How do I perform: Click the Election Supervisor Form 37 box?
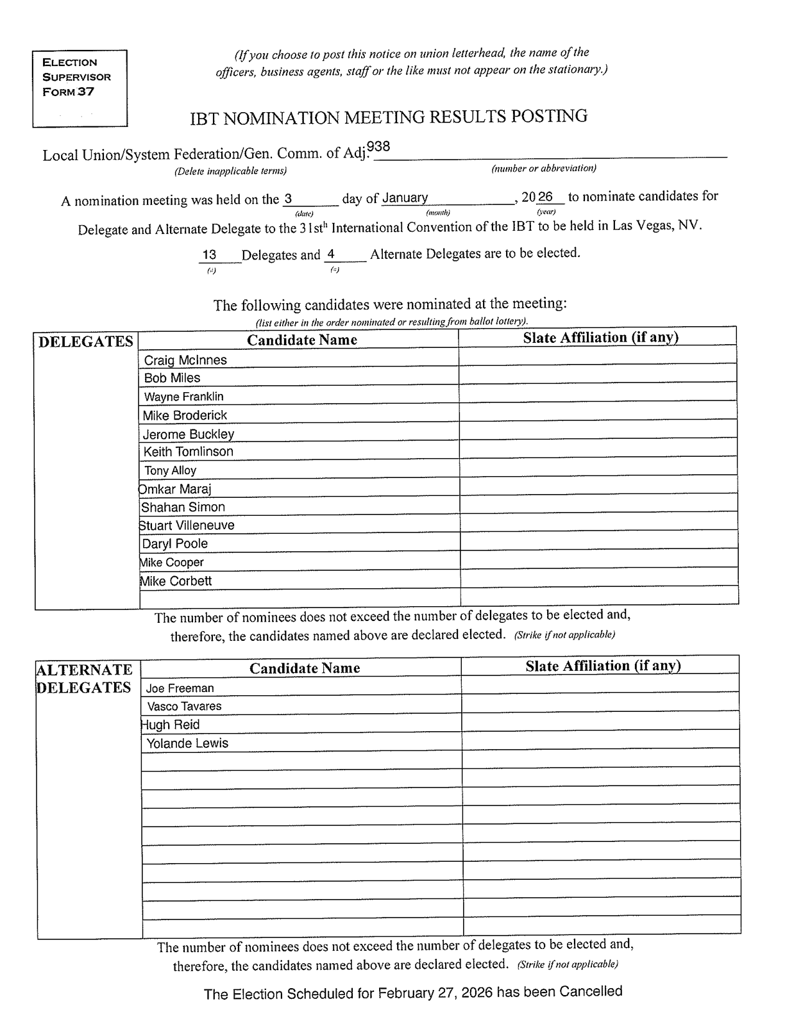click(80, 88)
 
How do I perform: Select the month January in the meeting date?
click(405, 198)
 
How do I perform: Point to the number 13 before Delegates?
click(209, 255)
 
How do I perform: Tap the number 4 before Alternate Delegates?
click(331, 254)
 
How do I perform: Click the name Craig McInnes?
click(185, 360)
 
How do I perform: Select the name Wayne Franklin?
click(183, 397)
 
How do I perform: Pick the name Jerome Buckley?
click(189, 434)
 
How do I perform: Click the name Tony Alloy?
click(170, 470)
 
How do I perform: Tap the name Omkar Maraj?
click(175, 490)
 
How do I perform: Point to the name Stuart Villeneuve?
click(187, 525)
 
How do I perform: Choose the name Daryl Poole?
click(175, 544)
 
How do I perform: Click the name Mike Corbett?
click(176, 581)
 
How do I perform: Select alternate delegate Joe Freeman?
click(180, 688)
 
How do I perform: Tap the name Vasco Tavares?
click(184, 706)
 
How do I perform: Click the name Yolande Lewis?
click(187, 743)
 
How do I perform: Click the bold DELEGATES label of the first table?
click(86, 342)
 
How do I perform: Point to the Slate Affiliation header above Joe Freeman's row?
click(603, 666)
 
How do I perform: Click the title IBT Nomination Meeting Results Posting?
click(389, 117)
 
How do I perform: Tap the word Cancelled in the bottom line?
click(591, 991)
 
